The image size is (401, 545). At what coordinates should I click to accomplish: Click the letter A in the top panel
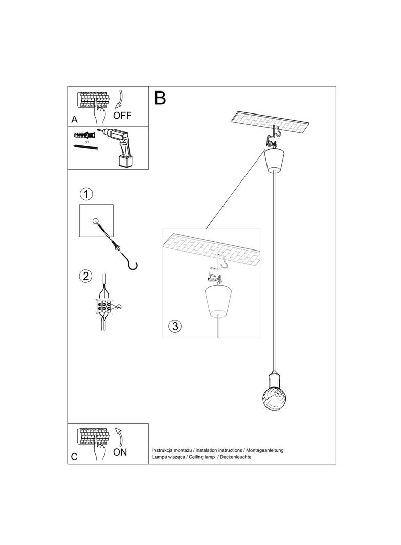(75, 120)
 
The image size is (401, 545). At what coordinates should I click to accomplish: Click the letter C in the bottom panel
(75, 457)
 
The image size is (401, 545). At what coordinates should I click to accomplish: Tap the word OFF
(122, 116)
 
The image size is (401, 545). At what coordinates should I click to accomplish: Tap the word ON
(120, 452)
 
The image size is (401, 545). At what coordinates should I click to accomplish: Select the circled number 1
(87, 194)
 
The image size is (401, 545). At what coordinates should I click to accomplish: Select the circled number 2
(85, 276)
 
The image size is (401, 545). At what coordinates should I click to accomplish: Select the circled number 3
(175, 326)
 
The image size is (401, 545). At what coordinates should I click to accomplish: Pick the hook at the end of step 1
(132, 264)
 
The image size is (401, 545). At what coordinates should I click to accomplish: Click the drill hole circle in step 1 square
(95, 221)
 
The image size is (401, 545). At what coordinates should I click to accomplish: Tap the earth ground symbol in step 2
(119, 307)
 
